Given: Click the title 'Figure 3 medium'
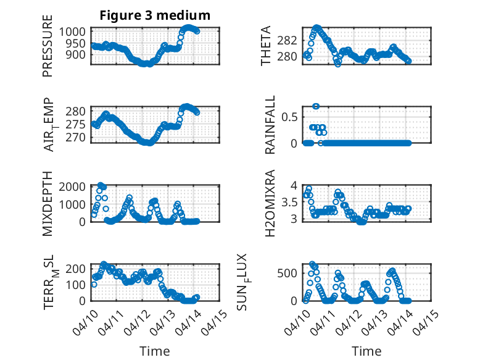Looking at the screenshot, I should click(155, 15).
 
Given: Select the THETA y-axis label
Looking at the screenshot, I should click(266, 46).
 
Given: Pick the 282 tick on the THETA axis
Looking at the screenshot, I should click(292, 41).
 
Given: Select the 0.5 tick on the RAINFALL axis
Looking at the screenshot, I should click(293, 117).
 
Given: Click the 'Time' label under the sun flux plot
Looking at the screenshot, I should click(366, 351).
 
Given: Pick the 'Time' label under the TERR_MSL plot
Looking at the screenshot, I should click(155, 351).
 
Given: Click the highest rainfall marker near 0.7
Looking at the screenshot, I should click(316, 106).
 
